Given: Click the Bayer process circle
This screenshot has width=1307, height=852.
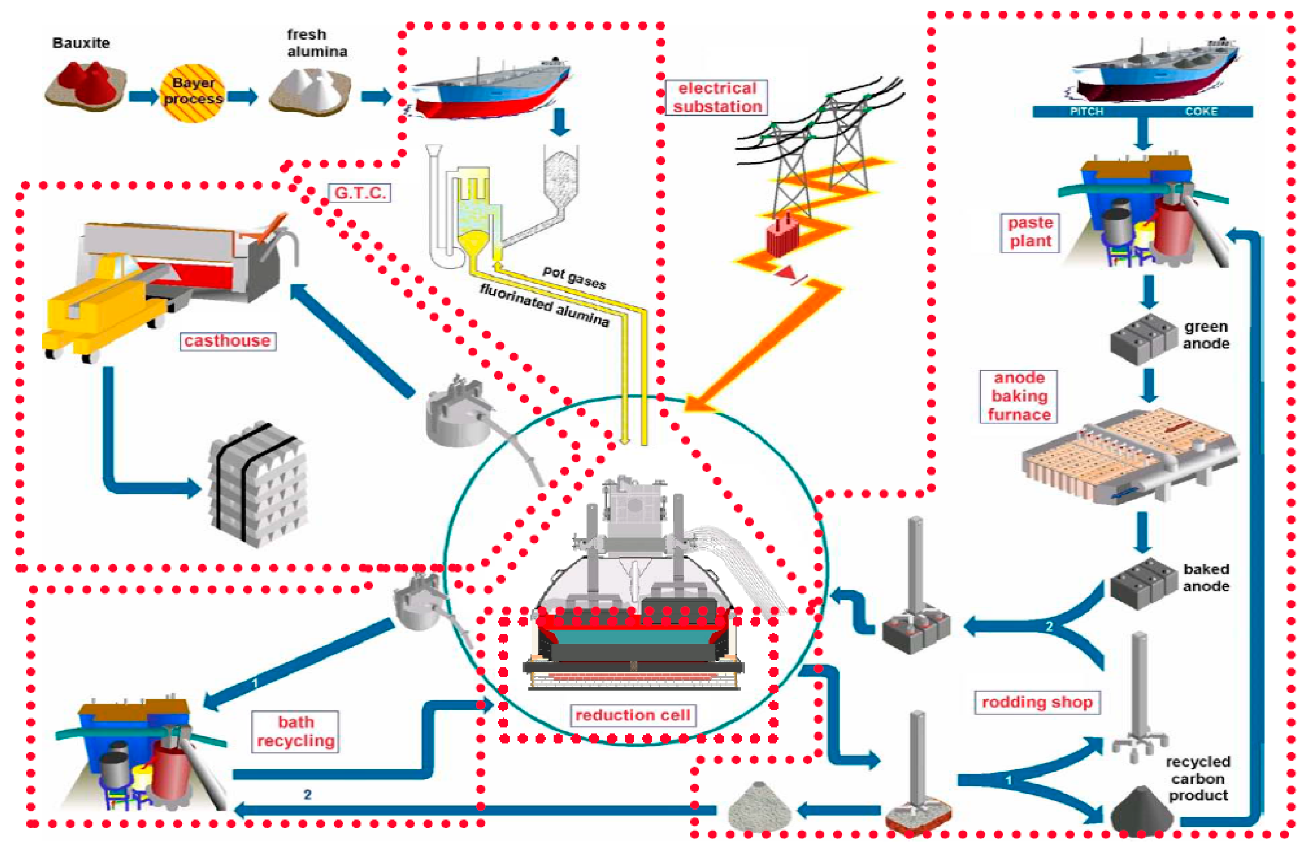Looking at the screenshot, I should pos(192,92).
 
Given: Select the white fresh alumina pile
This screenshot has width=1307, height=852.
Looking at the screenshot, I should pos(310,91).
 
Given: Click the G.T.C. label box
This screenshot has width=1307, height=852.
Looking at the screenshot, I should pos(360,193).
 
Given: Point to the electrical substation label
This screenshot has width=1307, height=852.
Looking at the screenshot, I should pos(717,97).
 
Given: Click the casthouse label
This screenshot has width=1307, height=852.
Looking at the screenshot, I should pos(227,341).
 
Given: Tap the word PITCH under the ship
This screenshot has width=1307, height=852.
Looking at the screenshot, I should pos(1086,111).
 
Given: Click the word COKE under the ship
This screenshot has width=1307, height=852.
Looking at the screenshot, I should pos(1201,111).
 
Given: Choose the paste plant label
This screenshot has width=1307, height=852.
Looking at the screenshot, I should pos(1030,232).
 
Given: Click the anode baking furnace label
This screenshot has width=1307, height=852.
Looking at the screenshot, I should pos(1019,396).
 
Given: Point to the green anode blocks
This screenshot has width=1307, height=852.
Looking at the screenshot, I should pos(1137,338).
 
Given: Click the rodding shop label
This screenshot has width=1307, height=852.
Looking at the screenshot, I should pos(1037,702).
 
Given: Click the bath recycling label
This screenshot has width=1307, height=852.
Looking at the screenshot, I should pos(296,732).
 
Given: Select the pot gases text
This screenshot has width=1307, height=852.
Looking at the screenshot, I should pos(574,278).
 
